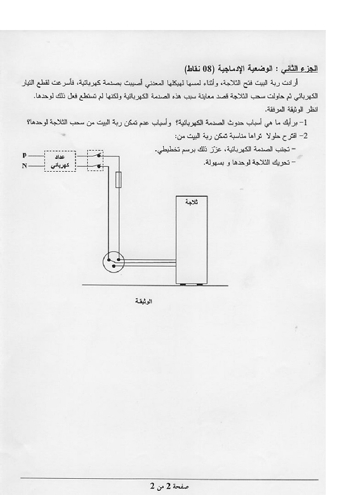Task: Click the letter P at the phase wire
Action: click(24, 155)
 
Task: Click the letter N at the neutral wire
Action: click(24, 165)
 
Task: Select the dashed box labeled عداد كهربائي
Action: click(60, 160)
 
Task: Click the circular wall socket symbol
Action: click(114, 263)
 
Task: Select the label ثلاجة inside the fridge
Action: click(190, 202)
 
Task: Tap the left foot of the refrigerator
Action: click(181, 284)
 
